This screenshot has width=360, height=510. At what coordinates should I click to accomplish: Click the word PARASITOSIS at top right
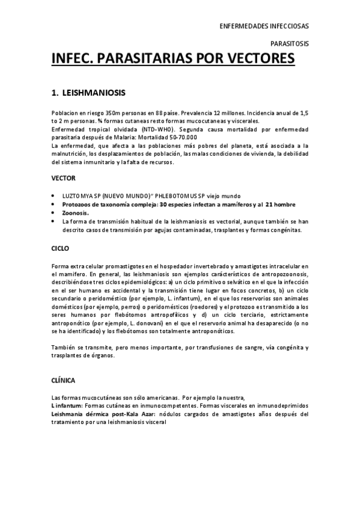coord(290,44)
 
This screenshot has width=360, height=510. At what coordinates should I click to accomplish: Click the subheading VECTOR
coord(64,179)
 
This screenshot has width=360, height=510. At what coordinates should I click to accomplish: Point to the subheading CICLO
coord(61,248)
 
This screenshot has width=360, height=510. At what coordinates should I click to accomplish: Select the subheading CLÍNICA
coord(64,379)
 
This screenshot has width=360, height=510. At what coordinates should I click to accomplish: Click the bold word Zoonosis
coord(76,213)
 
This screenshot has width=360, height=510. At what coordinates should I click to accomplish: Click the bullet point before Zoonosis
coord(54,213)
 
